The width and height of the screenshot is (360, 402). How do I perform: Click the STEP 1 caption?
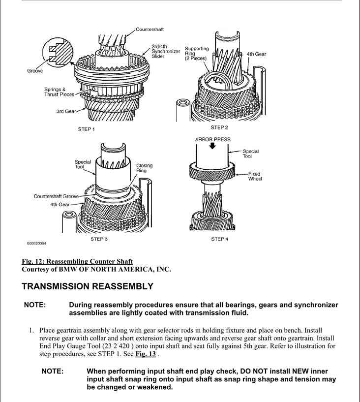click(x=86, y=129)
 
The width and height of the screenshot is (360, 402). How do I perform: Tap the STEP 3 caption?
click(x=99, y=239)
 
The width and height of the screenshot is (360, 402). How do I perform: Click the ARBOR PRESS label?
click(x=212, y=139)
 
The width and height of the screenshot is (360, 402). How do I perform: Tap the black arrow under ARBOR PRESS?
click(x=212, y=148)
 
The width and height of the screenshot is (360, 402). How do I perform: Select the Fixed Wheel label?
click(x=254, y=176)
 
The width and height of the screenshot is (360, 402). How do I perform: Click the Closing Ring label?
click(x=144, y=168)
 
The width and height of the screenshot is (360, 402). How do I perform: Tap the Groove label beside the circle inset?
click(x=34, y=71)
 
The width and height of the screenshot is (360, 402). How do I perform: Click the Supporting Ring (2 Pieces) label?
click(x=196, y=54)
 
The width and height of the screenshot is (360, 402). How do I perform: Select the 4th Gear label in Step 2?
click(x=256, y=54)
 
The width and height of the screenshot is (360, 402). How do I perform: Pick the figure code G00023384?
click(x=37, y=243)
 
